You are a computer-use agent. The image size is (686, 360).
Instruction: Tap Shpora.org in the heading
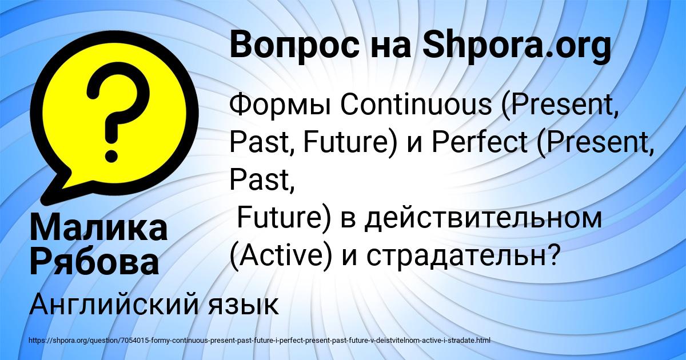pyautogui.click(x=516, y=45)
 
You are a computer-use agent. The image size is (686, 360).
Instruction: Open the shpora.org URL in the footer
pyautogui.click(x=259, y=341)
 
